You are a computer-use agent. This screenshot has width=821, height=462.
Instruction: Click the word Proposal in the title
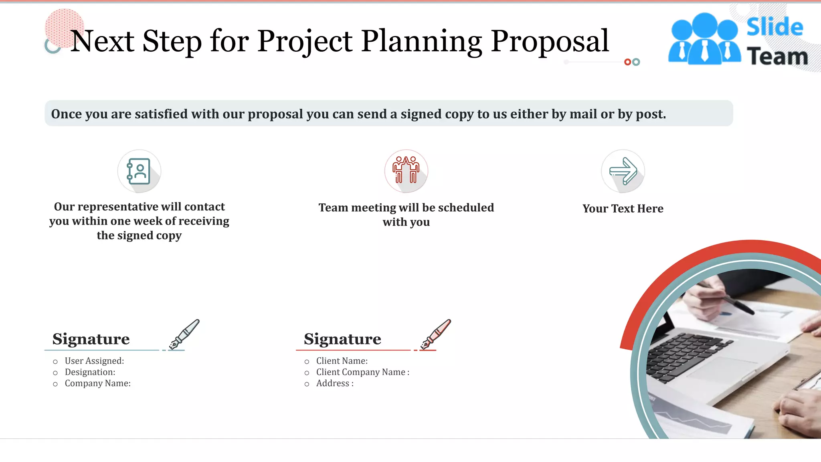550,42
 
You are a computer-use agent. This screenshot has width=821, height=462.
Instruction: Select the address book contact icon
139,171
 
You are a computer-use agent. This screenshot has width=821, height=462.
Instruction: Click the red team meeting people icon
406,170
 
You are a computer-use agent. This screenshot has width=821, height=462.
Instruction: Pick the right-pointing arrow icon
623,171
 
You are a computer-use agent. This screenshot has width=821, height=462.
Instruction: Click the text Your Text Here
623,209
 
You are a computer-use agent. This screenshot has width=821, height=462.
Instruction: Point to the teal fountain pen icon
184,334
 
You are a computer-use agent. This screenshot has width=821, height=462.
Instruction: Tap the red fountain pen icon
436,334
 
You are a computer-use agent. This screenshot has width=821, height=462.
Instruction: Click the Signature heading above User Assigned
91,339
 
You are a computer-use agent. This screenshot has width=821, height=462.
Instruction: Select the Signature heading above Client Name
342,339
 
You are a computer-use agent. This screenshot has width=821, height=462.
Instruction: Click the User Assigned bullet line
94,361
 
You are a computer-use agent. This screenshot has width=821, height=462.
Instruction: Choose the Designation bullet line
90,372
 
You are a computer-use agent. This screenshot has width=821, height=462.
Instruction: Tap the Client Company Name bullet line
362,372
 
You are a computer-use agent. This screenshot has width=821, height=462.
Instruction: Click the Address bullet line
335,383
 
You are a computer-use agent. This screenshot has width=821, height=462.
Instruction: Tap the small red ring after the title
627,62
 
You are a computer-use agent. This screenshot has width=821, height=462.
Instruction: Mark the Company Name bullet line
97,383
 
